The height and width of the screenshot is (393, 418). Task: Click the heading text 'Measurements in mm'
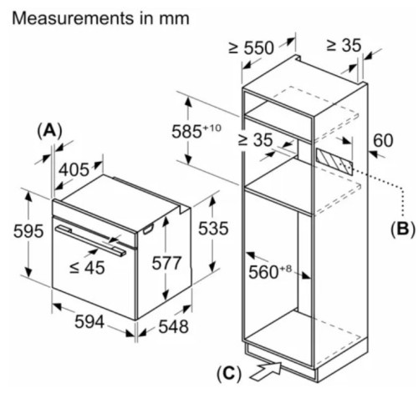point(100,18)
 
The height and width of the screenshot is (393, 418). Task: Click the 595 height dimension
point(28,231)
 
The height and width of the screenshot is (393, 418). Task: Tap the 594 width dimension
point(89,322)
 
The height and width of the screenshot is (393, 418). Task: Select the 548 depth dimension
point(173,326)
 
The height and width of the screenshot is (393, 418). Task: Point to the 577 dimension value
point(166,263)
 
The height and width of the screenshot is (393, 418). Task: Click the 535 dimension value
point(213,229)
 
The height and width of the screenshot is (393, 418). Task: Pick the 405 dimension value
point(74,169)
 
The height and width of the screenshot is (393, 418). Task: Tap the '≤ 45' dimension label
point(87,268)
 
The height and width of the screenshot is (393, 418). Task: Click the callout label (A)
point(49,130)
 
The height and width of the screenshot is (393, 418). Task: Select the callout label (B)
point(403,229)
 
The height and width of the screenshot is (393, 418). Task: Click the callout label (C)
point(229,374)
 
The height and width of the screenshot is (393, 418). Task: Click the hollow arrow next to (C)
point(265,370)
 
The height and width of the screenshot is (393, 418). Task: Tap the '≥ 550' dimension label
point(251,48)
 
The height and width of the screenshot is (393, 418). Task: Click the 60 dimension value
point(383,140)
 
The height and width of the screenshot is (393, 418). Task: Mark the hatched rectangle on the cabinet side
point(334,161)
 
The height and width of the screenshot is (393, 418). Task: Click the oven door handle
point(90,239)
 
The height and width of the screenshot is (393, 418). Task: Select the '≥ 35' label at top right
point(344,45)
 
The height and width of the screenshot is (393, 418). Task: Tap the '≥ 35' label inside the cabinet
point(255,139)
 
